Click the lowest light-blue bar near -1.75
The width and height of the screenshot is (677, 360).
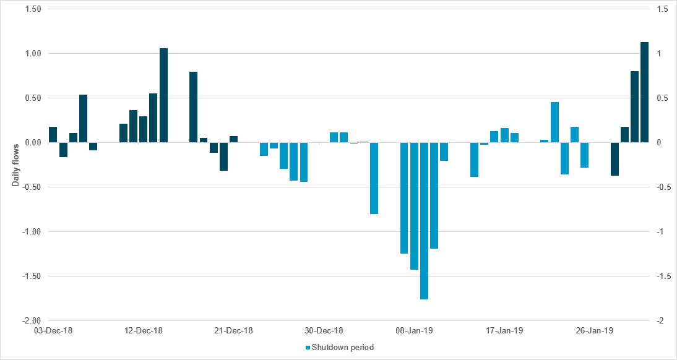[x=424, y=221]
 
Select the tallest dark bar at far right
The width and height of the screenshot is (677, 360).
[x=644, y=92]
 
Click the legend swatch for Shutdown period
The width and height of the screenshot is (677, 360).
[x=308, y=348]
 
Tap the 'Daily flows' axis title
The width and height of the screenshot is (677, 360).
[x=17, y=165]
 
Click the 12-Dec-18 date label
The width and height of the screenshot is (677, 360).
[x=144, y=331]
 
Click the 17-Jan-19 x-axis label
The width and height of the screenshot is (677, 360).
[x=504, y=331]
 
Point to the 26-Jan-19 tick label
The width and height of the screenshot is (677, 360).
[x=595, y=331]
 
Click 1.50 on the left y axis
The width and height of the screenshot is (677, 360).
[x=32, y=9]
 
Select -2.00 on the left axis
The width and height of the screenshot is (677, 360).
[x=30, y=321]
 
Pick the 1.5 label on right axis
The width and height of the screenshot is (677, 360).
[x=660, y=9]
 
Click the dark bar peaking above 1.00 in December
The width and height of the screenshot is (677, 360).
[x=164, y=95]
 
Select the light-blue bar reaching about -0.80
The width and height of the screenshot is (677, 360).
[x=374, y=178]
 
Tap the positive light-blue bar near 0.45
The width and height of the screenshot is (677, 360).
[x=554, y=122]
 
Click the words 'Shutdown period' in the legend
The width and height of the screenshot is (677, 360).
[x=343, y=348]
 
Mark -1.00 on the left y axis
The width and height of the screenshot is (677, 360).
[x=30, y=232]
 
